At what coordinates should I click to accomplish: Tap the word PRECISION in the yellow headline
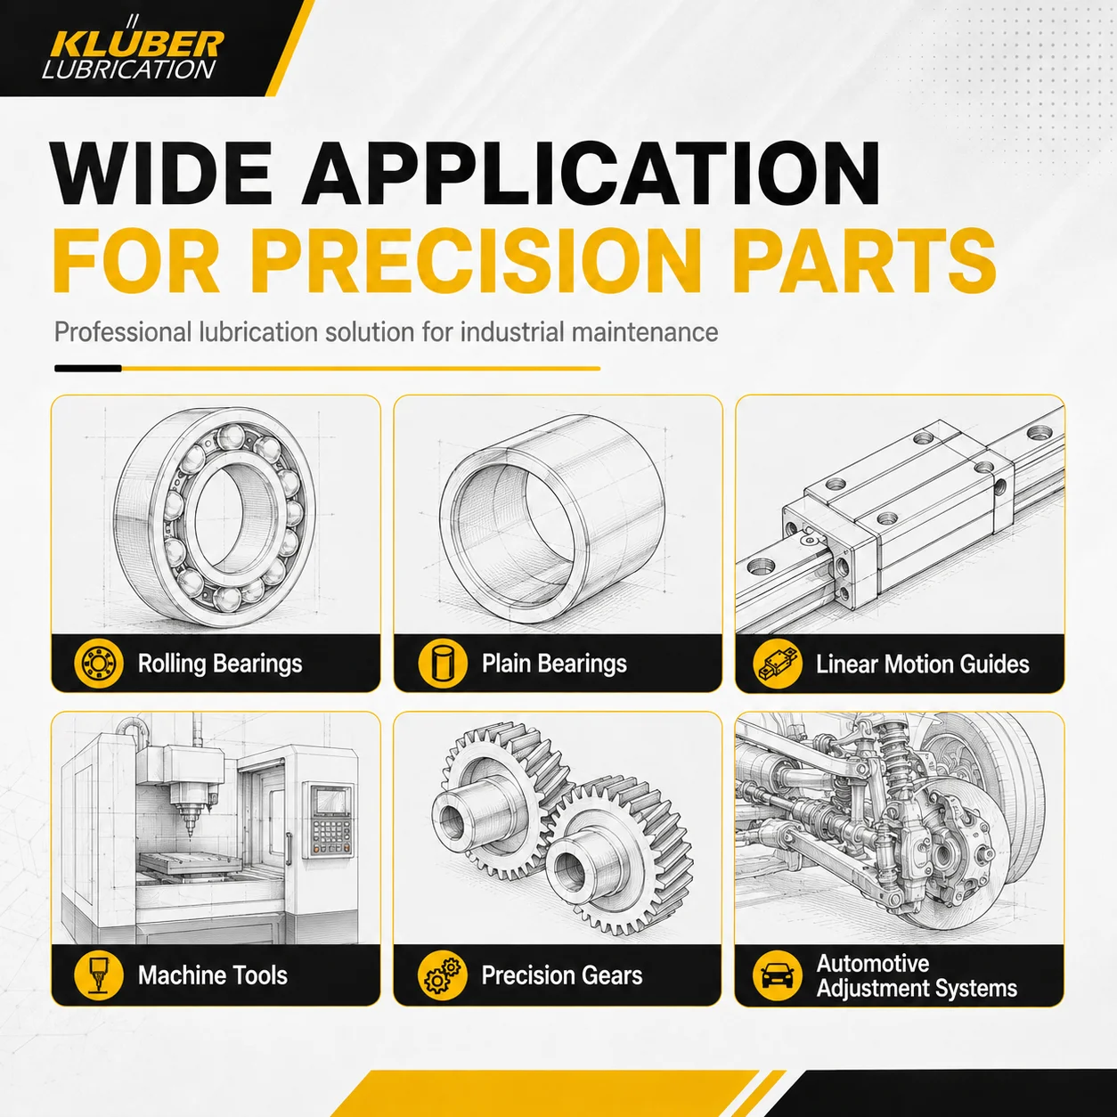pyautogui.click(x=476, y=261)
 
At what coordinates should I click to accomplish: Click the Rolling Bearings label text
pyautogui.click(x=220, y=664)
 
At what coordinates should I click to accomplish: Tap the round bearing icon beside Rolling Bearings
pyautogui.click(x=99, y=663)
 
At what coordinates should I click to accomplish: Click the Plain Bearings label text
pyautogui.click(x=554, y=664)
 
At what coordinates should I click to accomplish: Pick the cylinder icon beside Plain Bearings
pyautogui.click(x=443, y=663)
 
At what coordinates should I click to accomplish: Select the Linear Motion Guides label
pyautogui.click(x=922, y=664)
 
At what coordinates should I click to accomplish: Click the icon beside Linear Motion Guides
pyautogui.click(x=778, y=664)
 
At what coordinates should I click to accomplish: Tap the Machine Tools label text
pyautogui.click(x=212, y=975)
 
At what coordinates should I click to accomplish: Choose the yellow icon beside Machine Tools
pyautogui.click(x=99, y=975)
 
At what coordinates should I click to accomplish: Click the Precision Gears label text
pyautogui.click(x=562, y=975)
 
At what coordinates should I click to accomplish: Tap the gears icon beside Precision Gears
pyautogui.click(x=443, y=975)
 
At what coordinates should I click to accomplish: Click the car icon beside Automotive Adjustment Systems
pyautogui.click(x=778, y=975)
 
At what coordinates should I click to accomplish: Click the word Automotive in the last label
pyautogui.click(x=872, y=964)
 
